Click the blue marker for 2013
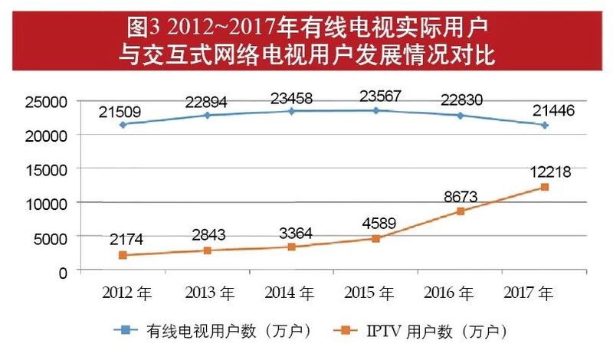click(207, 115)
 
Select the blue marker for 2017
click(545, 125)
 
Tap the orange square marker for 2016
click(461, 211)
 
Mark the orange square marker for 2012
click(123, 255)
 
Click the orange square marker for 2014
click(291, 247)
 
